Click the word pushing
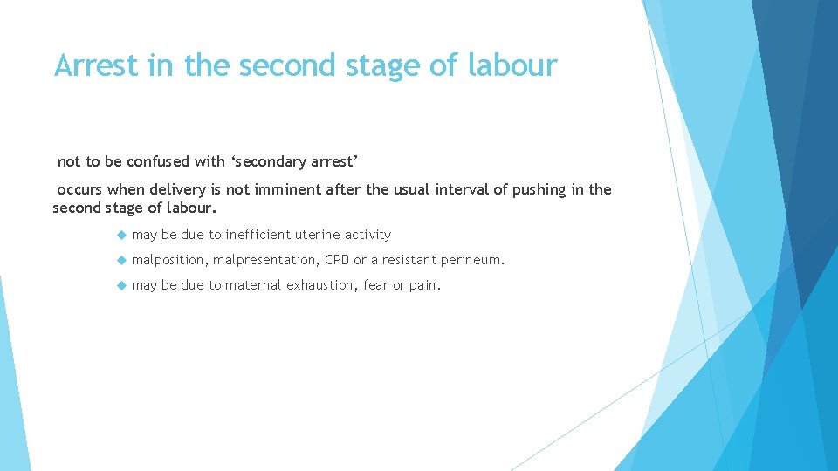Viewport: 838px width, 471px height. click(535, 189)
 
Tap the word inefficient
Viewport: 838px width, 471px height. click(258, 234)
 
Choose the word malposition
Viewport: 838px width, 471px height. click(169, 259)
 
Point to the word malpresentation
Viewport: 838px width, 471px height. click(265, 259)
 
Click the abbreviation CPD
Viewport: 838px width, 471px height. click(337, 259)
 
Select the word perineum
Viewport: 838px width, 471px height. click(472, 259)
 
